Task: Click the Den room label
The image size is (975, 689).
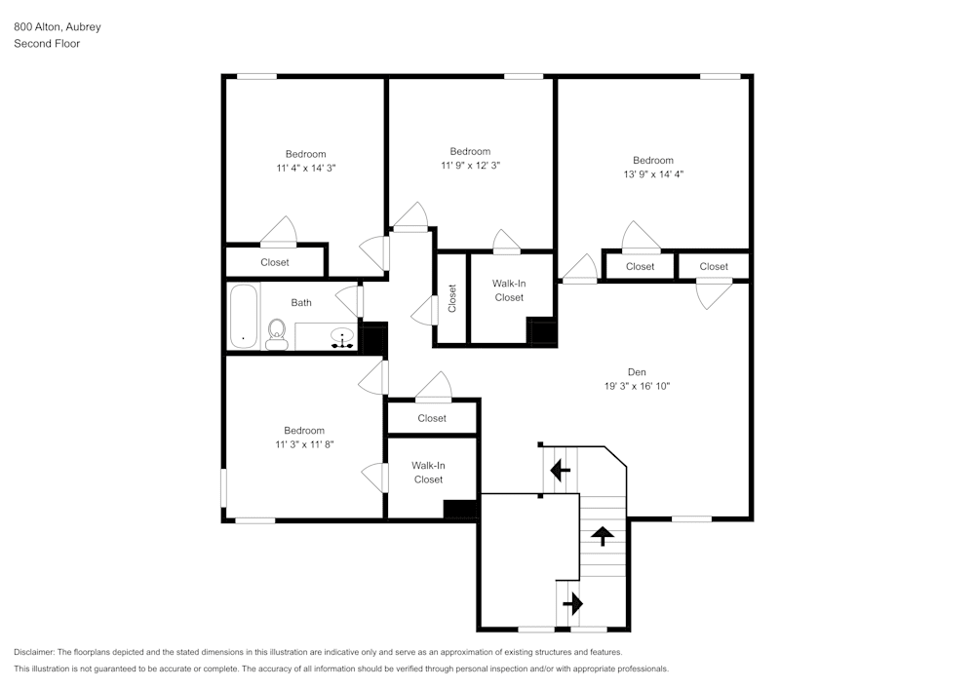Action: [x=637, y=371]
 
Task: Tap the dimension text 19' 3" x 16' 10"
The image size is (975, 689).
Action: [x=637, y=386]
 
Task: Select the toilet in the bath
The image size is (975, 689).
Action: [x=276, y=333]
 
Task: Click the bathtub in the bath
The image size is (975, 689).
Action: [x=244, y=316]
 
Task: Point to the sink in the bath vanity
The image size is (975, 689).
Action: [x=342, y=337]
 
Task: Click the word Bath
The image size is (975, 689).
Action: [x=301, y=303]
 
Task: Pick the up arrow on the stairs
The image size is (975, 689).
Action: [x=603, y=534]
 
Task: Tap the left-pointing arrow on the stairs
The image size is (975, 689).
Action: [x=560, y=471]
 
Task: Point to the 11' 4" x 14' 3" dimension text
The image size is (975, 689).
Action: [x=306, y=168]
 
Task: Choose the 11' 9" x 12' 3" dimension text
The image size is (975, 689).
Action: [x=470, y=165]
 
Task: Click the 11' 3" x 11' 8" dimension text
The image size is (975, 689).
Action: [x=304, y=444]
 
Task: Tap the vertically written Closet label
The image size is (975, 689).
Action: [x=451, y=297]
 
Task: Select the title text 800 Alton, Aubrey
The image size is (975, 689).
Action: [x=57, y=27]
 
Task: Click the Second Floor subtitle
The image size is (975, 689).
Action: [x=47, y=44]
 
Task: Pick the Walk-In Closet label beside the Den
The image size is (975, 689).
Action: [x=509, y=290]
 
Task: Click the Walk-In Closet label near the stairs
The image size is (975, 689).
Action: [x=428, y=473]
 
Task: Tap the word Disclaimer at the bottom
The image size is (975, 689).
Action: [x=35, y=652]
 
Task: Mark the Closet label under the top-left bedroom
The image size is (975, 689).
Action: [x=275, y=262]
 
